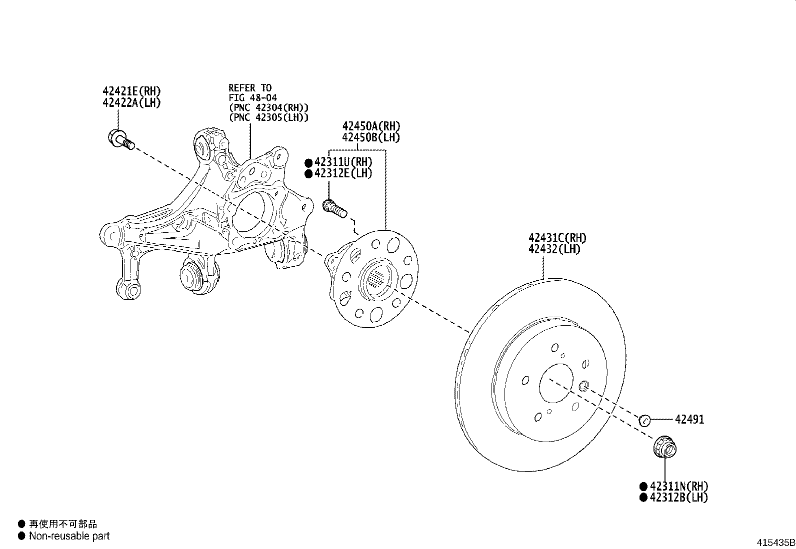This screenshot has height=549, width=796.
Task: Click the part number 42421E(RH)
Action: (x=131, y=91)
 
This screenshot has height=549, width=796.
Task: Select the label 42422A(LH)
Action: (x=131, y=102)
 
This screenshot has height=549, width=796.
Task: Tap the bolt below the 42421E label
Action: (x=120, y=138)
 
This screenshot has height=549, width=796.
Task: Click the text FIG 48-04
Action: (x=252, y=98)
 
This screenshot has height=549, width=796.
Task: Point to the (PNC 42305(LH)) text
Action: (x=268, y=117)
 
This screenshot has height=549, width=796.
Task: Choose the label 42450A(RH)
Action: (x=371, y=126)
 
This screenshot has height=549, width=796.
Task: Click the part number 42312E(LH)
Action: (x=343, y=173)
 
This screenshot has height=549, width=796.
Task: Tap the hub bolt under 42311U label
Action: (x=334, y=208)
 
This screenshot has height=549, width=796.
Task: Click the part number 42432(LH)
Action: (x=554, y=249)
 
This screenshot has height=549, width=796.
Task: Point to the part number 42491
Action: (x=689, y=420)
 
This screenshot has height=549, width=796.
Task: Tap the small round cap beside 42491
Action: (x=644, y=421)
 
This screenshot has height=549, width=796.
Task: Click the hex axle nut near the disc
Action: (x=664, y=446)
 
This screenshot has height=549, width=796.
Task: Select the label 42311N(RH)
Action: (x=678, y=486)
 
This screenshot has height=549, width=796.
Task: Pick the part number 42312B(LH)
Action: (x=678, y=497)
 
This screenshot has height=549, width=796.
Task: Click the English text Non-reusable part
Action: (x=69, y=537)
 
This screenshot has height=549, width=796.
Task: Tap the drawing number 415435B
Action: (x=775, y=543)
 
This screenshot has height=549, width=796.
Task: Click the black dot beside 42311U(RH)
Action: (x=308, y=162)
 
